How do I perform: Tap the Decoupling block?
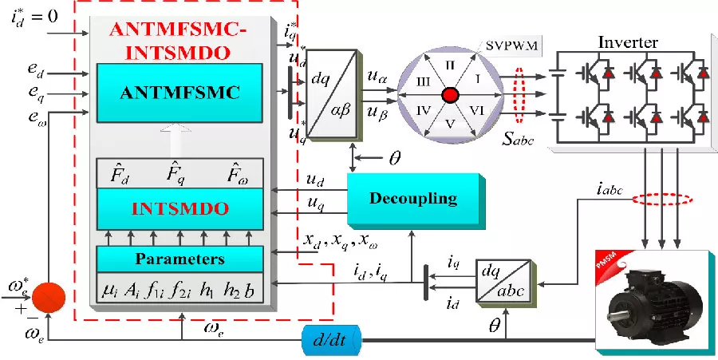412,197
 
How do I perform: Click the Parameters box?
179,259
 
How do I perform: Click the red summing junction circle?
49,299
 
